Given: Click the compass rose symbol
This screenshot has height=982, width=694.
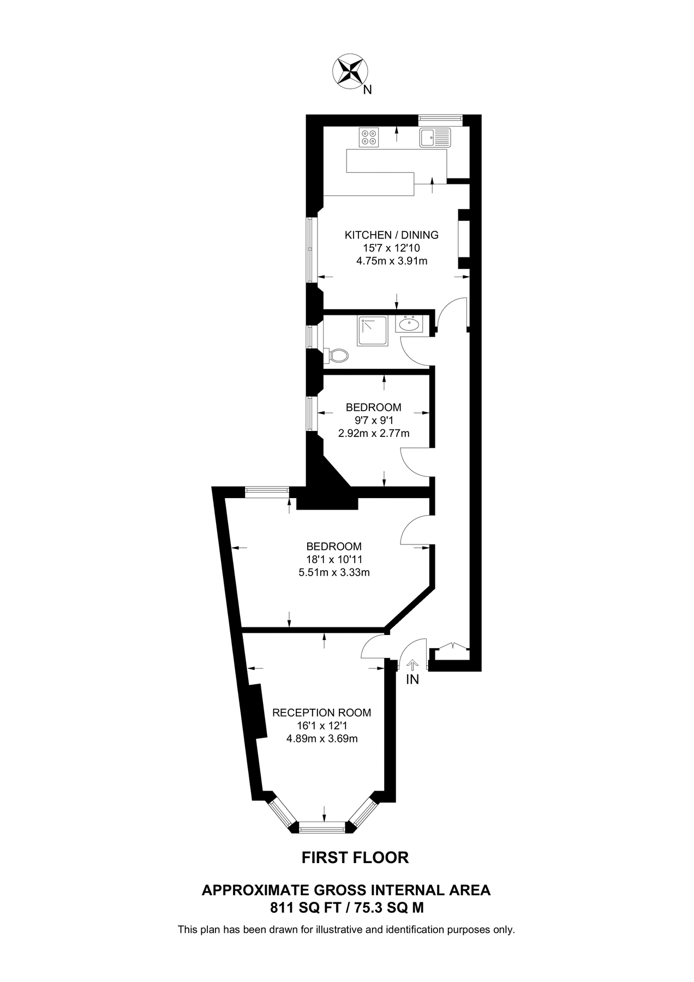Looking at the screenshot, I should pos(350,71).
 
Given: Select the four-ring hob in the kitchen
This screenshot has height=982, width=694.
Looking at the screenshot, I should pos(369,137).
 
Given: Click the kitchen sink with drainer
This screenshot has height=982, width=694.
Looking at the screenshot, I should pos(435,137).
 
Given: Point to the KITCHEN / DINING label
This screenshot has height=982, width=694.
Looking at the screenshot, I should pos(391,235).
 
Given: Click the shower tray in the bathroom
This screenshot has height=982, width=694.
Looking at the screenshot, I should pos(372,331).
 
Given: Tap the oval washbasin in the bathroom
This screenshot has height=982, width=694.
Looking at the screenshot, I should pos(409,325).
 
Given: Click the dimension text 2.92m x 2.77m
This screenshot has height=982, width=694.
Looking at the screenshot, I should pos(374,434).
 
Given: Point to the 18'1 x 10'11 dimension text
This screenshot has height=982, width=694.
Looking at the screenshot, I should pos(334,559).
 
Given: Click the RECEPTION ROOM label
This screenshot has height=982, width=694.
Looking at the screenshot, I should pos(321,712).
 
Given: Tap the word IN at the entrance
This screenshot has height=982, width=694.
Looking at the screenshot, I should pos(412,680).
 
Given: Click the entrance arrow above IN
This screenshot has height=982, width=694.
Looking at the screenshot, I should pos(412,664).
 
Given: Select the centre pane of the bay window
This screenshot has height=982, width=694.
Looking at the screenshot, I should pos(324,830).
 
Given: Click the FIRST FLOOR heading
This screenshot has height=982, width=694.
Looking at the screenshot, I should pos(355,858).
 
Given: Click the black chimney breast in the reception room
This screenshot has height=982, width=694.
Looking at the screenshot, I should pos(258,711).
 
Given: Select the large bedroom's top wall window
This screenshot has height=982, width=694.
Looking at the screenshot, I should pos(267,491).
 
